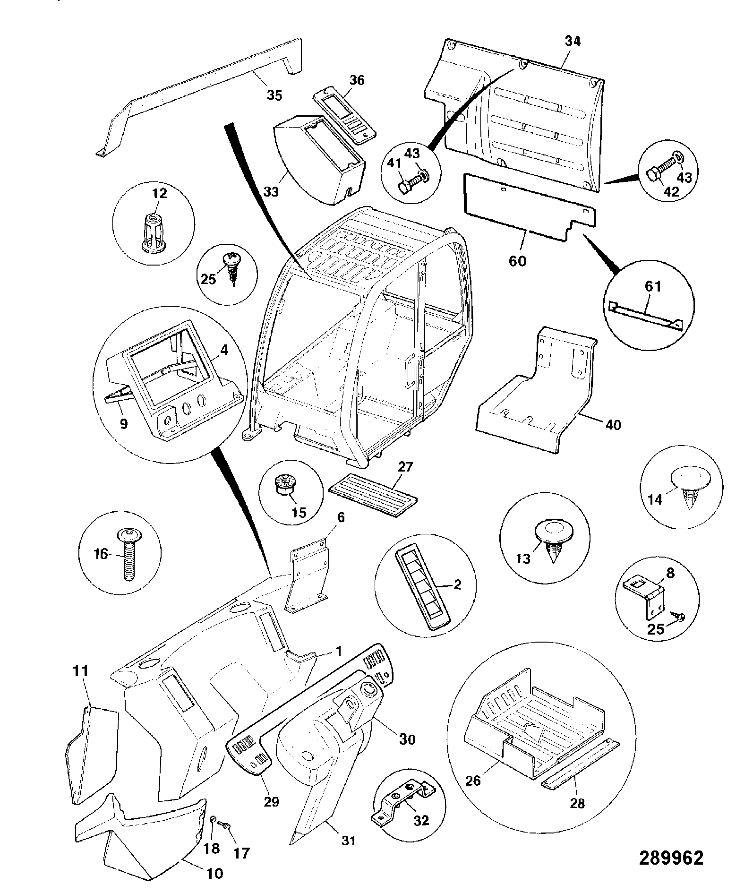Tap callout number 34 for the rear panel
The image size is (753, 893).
pyautogui.click(x=573, y=41)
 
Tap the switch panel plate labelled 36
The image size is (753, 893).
pyautogui.click(x=343, y=117)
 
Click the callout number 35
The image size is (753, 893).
pyautogui.click(x=274, y=96)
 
